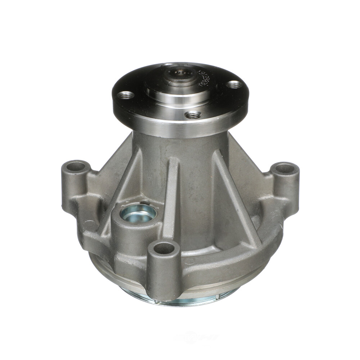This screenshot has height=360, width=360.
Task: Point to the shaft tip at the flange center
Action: point(177,73)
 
